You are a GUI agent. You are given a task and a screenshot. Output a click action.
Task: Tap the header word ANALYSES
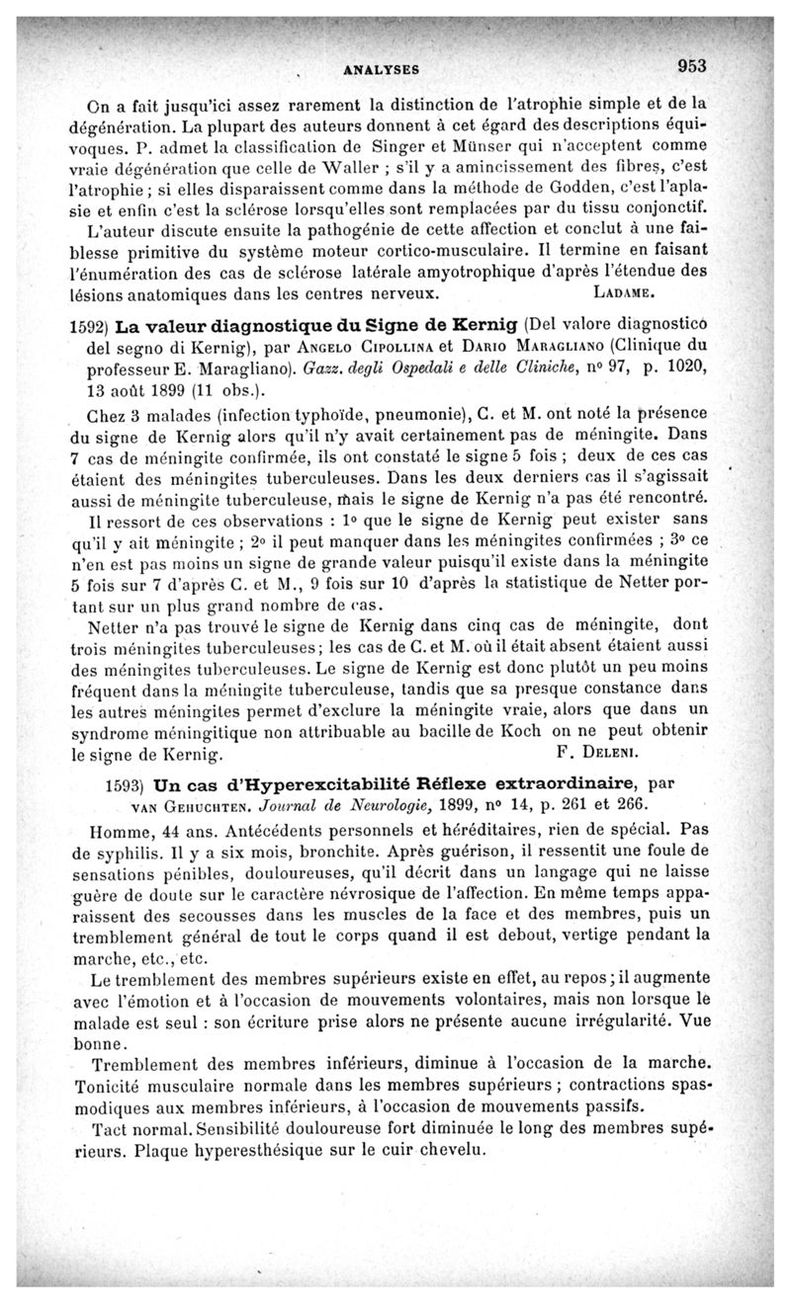[x=381, y=70]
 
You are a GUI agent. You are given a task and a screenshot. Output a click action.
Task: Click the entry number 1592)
[x=89, y=327]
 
